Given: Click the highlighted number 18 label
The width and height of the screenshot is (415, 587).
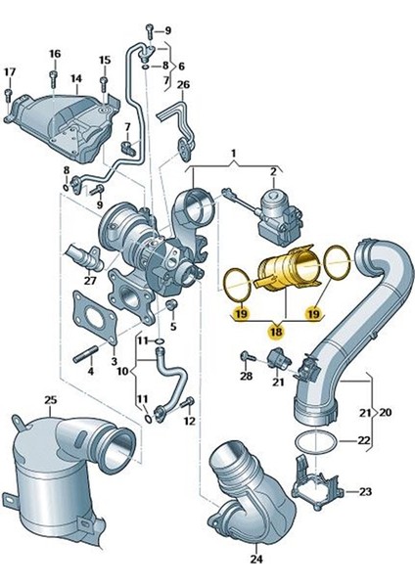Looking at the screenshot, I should (x=275, y=334).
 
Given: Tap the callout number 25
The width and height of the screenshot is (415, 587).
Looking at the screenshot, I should (x=52, y=401).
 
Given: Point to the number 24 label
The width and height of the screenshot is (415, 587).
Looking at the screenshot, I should (x=256, y=561).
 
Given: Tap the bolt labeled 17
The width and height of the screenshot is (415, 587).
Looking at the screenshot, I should (x=9, y=97).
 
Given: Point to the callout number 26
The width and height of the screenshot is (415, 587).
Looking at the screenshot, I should (x=183, y=84).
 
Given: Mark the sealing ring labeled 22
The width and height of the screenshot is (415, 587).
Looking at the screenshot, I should (x=314, y=441).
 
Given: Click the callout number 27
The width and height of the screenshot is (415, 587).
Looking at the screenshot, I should (x=89, y=281).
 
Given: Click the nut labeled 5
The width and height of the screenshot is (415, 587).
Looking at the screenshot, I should (x=173, y=309).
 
